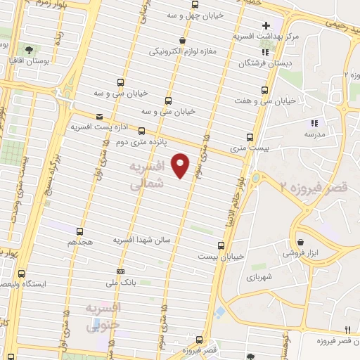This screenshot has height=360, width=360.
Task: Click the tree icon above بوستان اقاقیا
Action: tap(29, 51)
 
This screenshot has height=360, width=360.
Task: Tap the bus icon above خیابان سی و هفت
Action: tap(264, 90)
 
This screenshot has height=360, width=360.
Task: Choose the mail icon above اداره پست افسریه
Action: tap(98, 115)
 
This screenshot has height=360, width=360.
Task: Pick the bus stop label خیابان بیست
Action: tap(222, 257)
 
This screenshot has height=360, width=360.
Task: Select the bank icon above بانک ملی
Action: tap(121, 271)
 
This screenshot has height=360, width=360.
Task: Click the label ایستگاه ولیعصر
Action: tap(45, 284)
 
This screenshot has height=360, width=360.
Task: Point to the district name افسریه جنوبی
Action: tap(103, 319)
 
